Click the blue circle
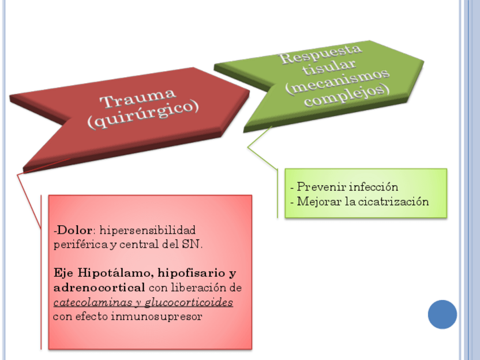click(x=442, y=314)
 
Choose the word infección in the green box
click(x=374, y=187)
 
